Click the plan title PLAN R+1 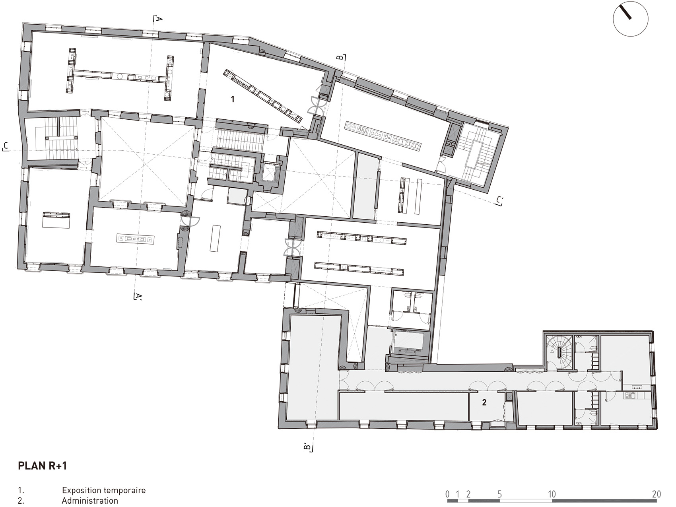[x=43, y=466]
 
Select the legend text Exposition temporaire [x=104, y=490]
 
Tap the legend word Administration [x=90, y=501]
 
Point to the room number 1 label [x=233, y=99]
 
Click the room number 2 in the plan [x=484, y=402]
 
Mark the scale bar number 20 [x=657, y=494]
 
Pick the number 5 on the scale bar [x=499, y=494]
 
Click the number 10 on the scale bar [x=552, y=494]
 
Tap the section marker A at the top [x=158, y=19]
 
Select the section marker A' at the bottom [x=138, y=296]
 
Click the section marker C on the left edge [x=6, y=146]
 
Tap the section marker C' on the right [x=499, y=201]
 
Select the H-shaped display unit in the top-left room [x=120, y=74]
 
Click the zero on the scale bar [x=447, y=494]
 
